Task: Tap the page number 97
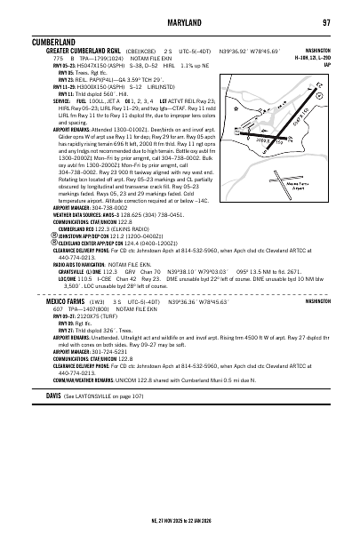327,21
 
